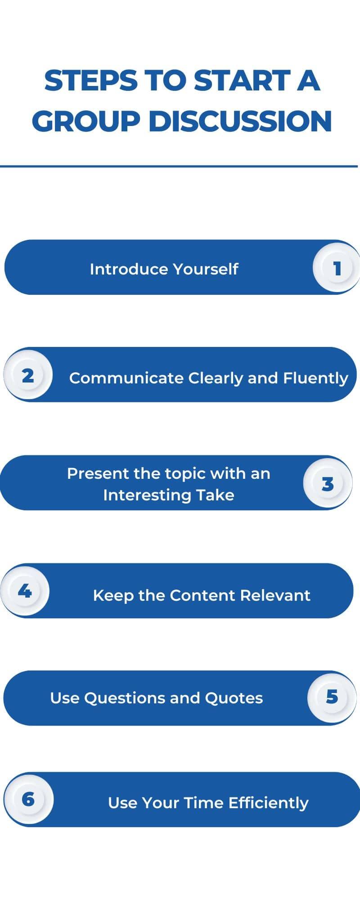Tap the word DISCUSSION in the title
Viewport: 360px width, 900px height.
pos(240,121)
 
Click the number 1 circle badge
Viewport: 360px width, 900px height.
pos(337,268)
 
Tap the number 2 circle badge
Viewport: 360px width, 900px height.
pos(28,375)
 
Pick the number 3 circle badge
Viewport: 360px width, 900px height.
pos(328,483)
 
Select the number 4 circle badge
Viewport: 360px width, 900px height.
pos(25,591)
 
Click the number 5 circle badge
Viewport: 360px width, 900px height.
pos(332,697)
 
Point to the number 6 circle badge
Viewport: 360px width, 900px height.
pos(28,799)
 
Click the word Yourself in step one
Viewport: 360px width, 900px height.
pos(206,269)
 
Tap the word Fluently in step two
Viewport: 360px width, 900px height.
pos(315,378)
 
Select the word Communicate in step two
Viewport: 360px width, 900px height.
pos(126,378)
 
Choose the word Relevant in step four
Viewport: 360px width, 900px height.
pos(275,595)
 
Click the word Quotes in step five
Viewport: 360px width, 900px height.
pos(234,698)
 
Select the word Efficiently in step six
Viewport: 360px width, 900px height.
pos(269,803)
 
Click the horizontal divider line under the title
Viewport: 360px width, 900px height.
pos(179,166)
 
